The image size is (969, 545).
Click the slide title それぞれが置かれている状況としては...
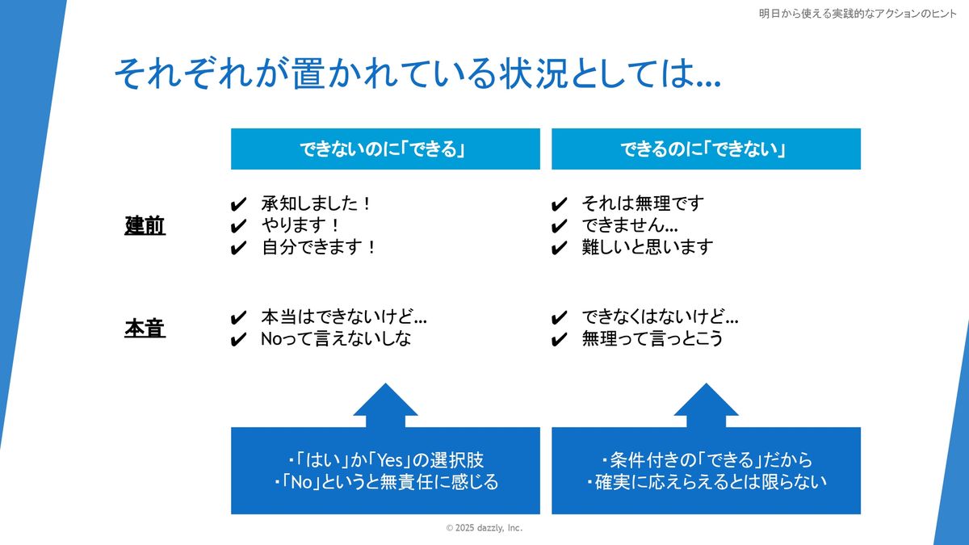click(417, 74)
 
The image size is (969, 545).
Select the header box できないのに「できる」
click(385, 149)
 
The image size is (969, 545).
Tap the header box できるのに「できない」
click(706, 149)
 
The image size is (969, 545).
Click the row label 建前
click(145, 226)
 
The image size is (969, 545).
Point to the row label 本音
click(145, 329)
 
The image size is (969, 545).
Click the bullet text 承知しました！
click(317, 203)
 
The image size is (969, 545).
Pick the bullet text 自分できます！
click(319, 247)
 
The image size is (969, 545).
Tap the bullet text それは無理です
click(643, 203)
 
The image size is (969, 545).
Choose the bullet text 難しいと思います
click(648, 247)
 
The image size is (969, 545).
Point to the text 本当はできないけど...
click(344, 317)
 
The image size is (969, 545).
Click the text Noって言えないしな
click(336, 339)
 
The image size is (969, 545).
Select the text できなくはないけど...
click(660, 317)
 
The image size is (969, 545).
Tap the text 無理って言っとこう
click(652, 339)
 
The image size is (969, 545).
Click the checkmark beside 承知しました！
click(238, 204)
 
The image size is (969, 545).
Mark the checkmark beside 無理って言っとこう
click(559, 340)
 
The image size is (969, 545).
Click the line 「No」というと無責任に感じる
click(385, 483)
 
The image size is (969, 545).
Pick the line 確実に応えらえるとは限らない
click(706, 483)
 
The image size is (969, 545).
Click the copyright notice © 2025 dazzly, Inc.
click(484, 527)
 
